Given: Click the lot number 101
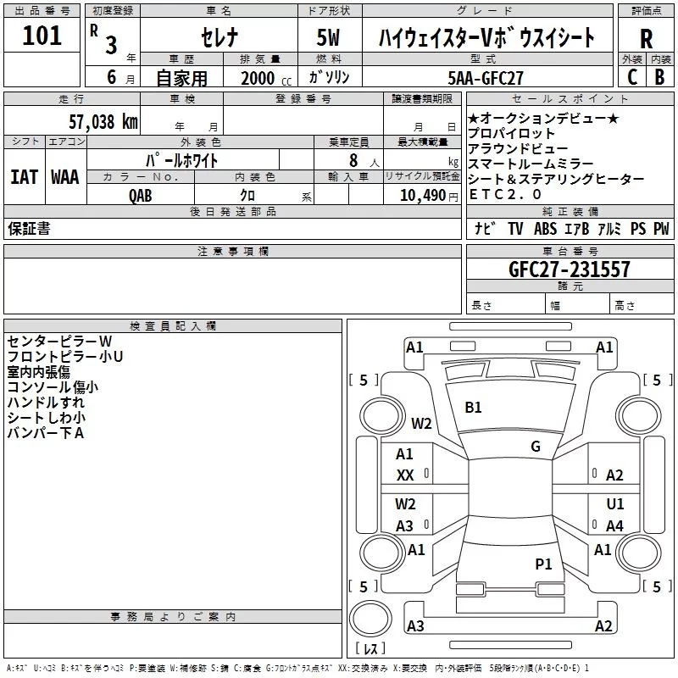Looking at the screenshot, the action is (42, 36).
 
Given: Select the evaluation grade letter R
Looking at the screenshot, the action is (646, 39).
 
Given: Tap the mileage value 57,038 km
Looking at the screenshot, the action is (103, 121).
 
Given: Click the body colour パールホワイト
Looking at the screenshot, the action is (182, 159).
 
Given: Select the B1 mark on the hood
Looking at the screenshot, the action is (473, 408).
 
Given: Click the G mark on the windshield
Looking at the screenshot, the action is (535, 446).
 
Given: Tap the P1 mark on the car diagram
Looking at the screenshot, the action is (543, 564).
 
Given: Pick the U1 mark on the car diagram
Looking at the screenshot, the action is (614, 503).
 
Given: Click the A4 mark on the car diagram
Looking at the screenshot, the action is (614, 525).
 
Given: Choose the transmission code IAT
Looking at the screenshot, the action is (24, 177).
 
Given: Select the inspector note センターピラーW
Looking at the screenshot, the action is (59, 341).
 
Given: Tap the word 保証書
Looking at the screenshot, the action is (29, 229).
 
